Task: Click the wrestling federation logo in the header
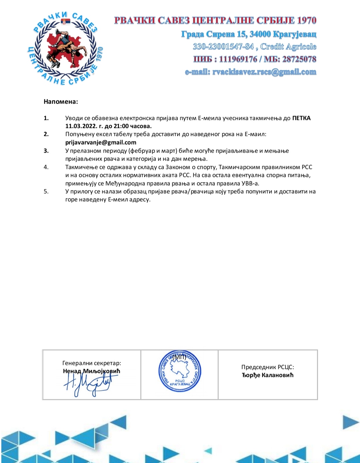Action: [65, 49]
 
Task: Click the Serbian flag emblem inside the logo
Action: [65, 22]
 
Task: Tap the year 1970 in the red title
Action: [306, 20]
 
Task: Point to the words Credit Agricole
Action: [288, 47]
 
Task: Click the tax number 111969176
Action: [238, 59]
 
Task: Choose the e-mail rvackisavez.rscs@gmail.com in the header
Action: [264, 72]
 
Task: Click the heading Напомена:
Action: [61, 102]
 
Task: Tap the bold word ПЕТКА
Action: [301, 118]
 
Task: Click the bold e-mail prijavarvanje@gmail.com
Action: [101, 142]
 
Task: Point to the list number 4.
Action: [46, 167]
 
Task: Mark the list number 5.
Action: [46, 191]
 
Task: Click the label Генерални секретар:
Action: [92, 363]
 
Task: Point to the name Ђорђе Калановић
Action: [268, 375]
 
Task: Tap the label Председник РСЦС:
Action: [268, 367]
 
